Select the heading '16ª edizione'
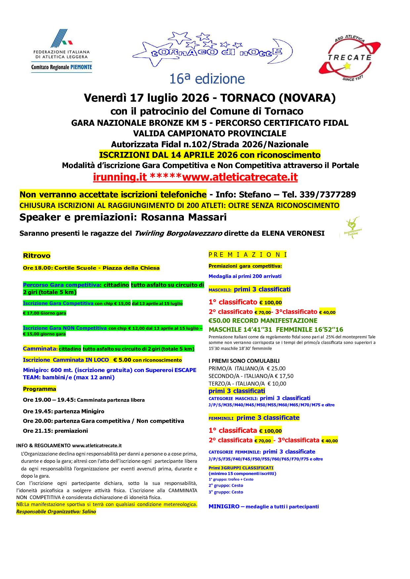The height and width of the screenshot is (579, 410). pyautogui.click(x=207, y=79)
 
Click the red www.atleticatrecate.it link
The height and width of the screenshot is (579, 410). pyautogui.click(x=240, y=178)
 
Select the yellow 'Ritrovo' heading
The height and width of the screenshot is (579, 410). pyautogui.click(x=37, y=256)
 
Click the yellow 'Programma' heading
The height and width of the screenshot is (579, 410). pyautogui.click(x=39, y=389)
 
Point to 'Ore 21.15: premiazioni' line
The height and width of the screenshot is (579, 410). pyautogui.click(x=55, y=431)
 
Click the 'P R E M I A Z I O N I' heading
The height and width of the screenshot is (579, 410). pyautogui.click(x=248, y=255)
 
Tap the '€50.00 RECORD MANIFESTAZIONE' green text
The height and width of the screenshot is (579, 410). pyautogui.click(x=263, y=321)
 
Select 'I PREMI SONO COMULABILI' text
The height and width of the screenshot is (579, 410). pyautogui.click(x=244, y=361)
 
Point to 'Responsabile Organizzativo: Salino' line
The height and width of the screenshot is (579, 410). pyautogui.click(x=56, y=512)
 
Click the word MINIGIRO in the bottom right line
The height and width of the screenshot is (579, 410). pyautogui.click(x=224, y=506)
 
